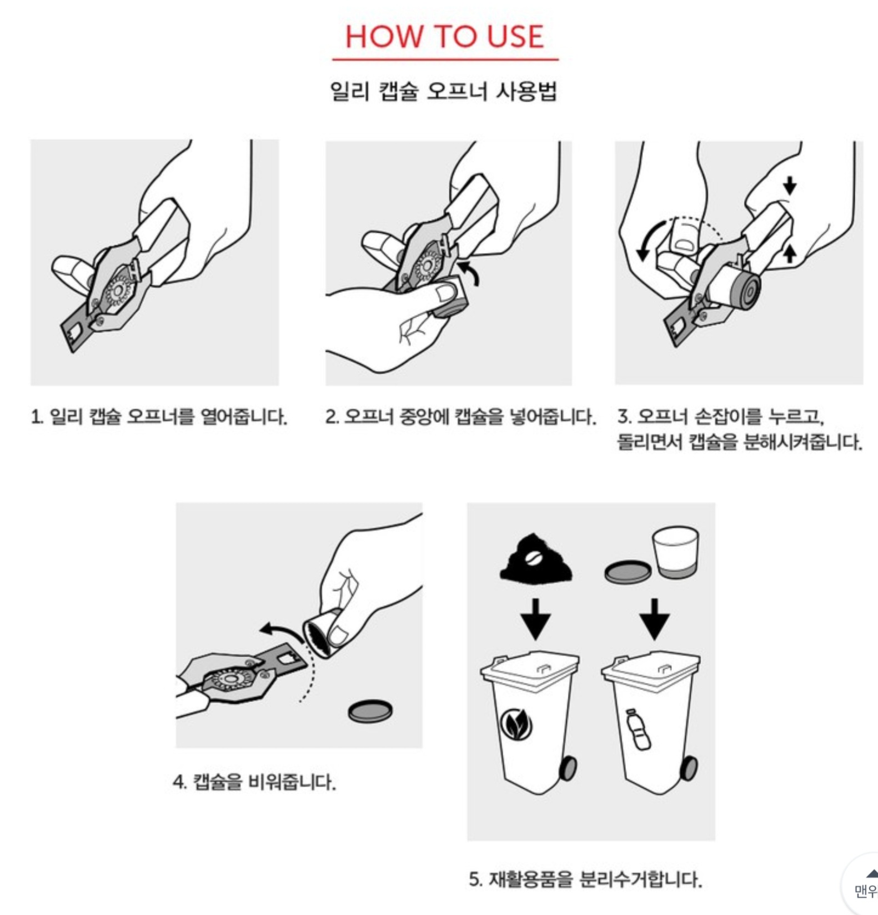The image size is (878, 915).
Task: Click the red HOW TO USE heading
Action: pos(444,37)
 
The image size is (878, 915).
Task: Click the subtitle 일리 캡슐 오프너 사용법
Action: pos(444,91)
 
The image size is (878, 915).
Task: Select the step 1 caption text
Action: pos(159,416)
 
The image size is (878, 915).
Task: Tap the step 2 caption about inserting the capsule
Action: pos(460,416)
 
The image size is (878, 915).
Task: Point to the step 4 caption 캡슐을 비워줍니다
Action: pos(254,782)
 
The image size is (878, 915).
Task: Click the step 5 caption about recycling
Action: pos(585,879)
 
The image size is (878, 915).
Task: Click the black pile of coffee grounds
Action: pos(536,557)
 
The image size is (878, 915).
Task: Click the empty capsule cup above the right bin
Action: pos(675,552)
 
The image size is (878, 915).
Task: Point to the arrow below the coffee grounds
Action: pos(536,618)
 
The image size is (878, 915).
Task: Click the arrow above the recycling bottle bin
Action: pos(655,618)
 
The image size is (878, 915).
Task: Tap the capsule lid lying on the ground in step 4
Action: pos(370,711)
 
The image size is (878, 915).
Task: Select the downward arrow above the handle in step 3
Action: pos(790,185)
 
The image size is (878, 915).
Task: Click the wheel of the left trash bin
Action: pos(568,768)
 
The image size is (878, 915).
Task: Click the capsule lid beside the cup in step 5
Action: pos(628,572)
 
